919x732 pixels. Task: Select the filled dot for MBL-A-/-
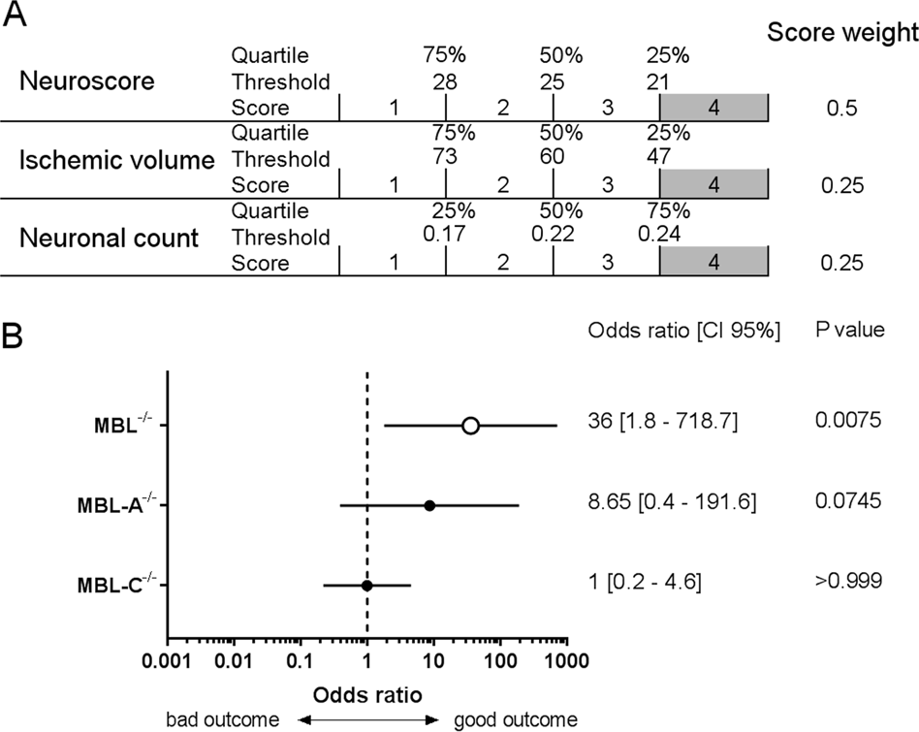pyautogui.click(x=429, y=505)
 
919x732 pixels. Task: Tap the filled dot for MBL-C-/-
pyautogui.click(x=366, y=586)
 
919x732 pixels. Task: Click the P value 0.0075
pyautogui.click(x=848, y=423)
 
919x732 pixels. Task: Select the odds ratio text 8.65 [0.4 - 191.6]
pyautogui.click(x=672, y=503)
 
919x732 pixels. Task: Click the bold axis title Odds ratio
pyautogui.click(x=366, y=695)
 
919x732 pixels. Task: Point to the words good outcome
pyautogui.click(x=515, y=719)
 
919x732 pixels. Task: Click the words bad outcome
pyautogui.click(x=222, y=719)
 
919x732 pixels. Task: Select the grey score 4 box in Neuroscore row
pyautogui.click(x=713, y=107)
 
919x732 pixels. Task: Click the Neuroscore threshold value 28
pyautogui.click(x=445, y=80)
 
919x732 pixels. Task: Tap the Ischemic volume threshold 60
pyautogui.click(x=554, y=158)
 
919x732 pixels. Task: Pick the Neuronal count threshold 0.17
pyautogui.click(x=445, y=237)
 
